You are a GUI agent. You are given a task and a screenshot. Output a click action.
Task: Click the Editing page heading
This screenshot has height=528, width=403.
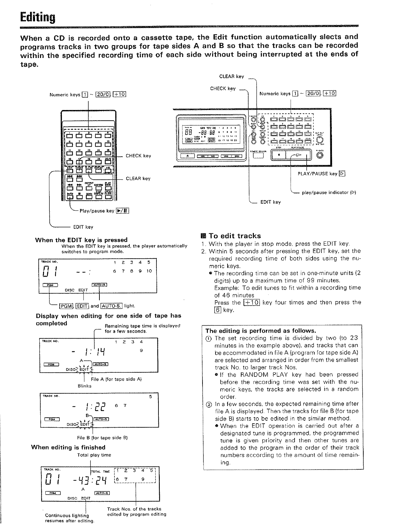(x=37, y=16)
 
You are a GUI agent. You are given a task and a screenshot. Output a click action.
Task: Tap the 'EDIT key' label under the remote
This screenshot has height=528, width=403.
(x=83, y=227)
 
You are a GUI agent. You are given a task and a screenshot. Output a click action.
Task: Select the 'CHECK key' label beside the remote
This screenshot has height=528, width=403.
(x=138, y=156)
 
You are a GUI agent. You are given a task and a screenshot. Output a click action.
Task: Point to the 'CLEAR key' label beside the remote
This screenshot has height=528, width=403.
(x=138, y=178)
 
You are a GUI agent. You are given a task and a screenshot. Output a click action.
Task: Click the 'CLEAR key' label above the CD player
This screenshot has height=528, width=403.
(x=232, y=76)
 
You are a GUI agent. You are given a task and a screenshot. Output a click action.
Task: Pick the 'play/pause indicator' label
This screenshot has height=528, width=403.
(x=329, y=192)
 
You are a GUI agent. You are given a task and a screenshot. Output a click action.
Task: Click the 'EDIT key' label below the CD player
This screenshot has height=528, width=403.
(x=270, y=202)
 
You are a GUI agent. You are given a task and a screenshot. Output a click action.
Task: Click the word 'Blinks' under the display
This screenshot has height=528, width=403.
(x=84, y=386)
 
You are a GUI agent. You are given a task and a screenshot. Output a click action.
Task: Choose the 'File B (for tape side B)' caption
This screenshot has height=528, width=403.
(x=102, y=438)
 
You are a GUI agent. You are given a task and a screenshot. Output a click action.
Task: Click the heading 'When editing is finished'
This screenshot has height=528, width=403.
(x=68, y=447)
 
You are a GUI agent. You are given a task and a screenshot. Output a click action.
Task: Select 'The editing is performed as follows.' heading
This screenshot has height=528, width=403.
(x=261, y=331)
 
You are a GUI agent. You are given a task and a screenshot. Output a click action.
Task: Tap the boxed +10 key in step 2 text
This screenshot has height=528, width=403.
(x=252, y=303)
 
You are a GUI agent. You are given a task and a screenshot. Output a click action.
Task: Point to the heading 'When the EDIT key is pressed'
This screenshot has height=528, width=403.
(x=81, y=240)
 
